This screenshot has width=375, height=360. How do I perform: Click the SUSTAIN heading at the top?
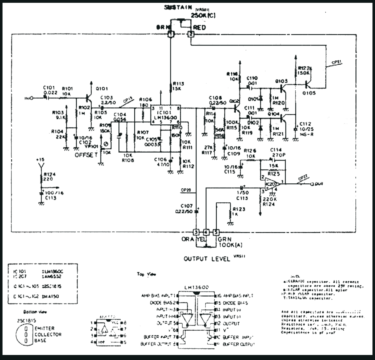point(178,8)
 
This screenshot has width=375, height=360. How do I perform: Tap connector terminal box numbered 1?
point(170,34)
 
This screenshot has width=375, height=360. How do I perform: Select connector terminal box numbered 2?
point(191,34)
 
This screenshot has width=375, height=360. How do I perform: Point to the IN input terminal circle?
point(32,98)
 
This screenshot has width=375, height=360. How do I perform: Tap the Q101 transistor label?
point(102,89)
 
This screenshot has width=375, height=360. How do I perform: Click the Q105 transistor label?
point(309,93)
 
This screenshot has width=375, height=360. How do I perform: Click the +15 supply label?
point(40,160)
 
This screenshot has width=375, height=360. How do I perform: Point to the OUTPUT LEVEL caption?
point(207,259)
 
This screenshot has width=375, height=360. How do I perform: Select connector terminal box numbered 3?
point(196,232)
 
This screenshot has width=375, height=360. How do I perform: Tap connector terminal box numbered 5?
point(216,232)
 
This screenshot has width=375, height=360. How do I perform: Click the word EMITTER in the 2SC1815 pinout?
point(44,328)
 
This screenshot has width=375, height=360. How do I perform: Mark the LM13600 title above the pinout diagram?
point(197,287)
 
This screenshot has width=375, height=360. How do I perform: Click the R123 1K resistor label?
point(239,209)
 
